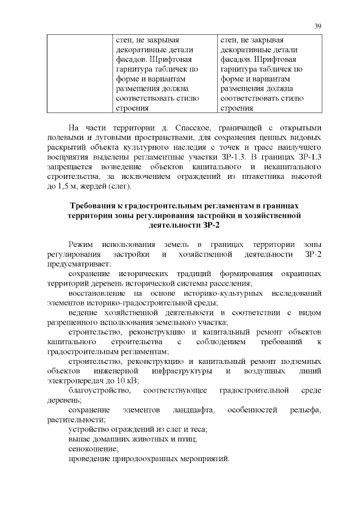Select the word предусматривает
pyautogui.click(x=79, y=264)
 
